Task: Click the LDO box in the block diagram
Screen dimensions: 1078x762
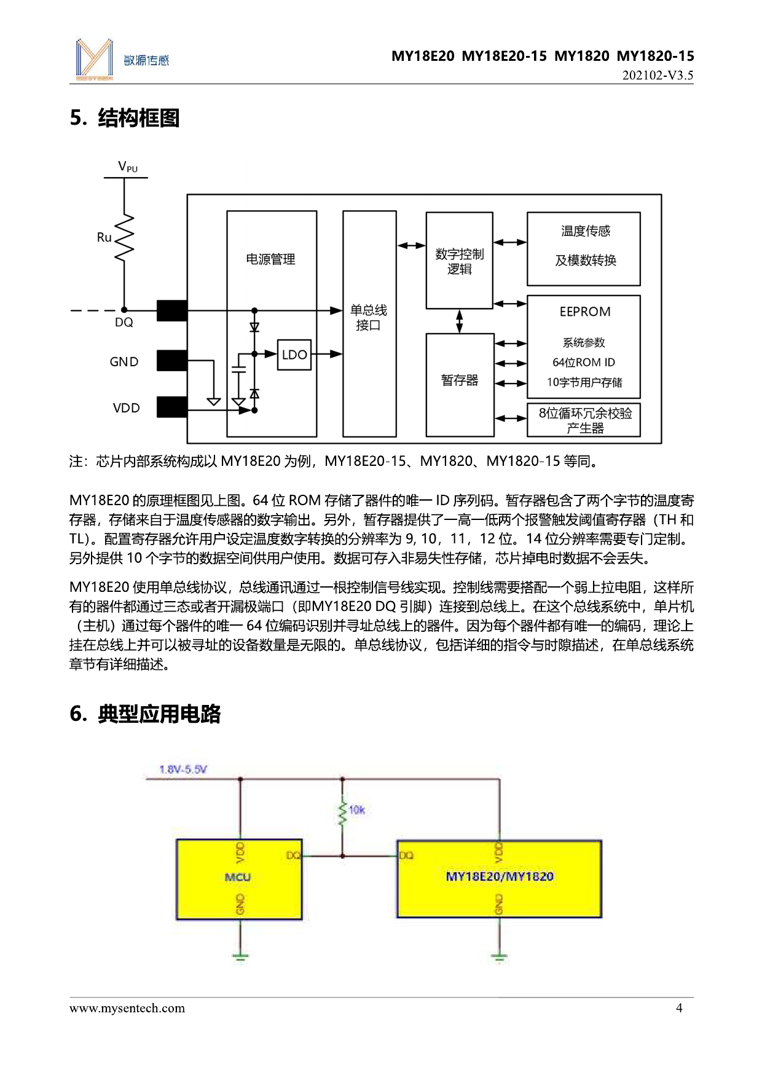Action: pos(294,355)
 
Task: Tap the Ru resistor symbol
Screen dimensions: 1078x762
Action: pos(124,238)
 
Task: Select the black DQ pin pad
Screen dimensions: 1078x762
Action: pos(172,310)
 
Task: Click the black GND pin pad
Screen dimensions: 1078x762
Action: pos(172,361)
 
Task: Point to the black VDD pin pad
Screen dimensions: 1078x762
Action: pos(172,407)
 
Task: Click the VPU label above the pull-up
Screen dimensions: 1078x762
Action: pos(128,167)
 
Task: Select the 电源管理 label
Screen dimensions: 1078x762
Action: pos(270,259)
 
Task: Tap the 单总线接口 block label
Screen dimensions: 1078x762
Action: pos(369,318)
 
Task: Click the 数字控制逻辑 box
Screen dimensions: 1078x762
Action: pos(459,261)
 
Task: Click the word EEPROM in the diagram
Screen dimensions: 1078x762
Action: pos(585,312)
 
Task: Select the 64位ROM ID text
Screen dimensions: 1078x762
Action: pos(583,363)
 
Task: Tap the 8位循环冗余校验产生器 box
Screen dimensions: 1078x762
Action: pos(584,420)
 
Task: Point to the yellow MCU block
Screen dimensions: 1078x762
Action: pos(239,879)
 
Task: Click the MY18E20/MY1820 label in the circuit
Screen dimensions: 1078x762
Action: pos(500,876)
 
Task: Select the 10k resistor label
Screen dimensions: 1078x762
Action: pos(356,810)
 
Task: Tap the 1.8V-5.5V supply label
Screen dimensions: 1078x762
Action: pos(183,769)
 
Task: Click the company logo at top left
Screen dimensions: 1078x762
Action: pos(95,60)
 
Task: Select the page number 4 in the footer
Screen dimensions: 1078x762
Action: pos(679,1008)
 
